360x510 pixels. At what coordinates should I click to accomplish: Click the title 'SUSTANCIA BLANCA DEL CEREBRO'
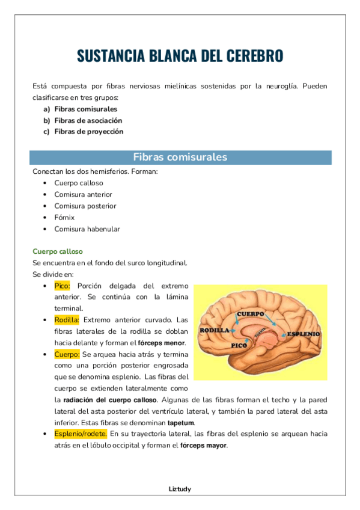tap(180, 56)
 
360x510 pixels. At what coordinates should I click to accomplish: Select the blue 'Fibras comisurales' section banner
tap(180, 158)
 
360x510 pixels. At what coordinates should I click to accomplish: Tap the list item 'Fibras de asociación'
tap(88, 120)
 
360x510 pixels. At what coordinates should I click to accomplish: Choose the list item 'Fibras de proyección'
tap(88, 132)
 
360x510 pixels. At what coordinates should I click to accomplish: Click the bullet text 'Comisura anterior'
tap(83, 194)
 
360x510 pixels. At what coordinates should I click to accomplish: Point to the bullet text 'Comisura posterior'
tap(85, 206)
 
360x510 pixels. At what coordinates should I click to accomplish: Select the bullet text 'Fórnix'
tap(64, 217)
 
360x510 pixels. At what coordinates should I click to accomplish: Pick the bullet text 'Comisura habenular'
tap(87, 229)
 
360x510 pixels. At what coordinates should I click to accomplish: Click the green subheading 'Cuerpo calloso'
tap(58, 251)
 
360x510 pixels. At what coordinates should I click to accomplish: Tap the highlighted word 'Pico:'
tap(62, 286)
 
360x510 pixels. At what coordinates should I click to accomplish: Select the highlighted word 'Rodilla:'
tap(67, 320)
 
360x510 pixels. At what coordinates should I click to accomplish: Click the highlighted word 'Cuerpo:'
tap(67, 354)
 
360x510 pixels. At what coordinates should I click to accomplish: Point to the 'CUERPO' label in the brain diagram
tap(251, 314)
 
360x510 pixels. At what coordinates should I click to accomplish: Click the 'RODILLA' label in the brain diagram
tap(214, 331)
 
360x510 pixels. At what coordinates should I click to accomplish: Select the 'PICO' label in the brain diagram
tap(240, 346)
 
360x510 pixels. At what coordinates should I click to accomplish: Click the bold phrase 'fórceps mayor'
tap(204, 446)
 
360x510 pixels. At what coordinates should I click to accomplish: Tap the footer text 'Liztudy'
tap(180, 489)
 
